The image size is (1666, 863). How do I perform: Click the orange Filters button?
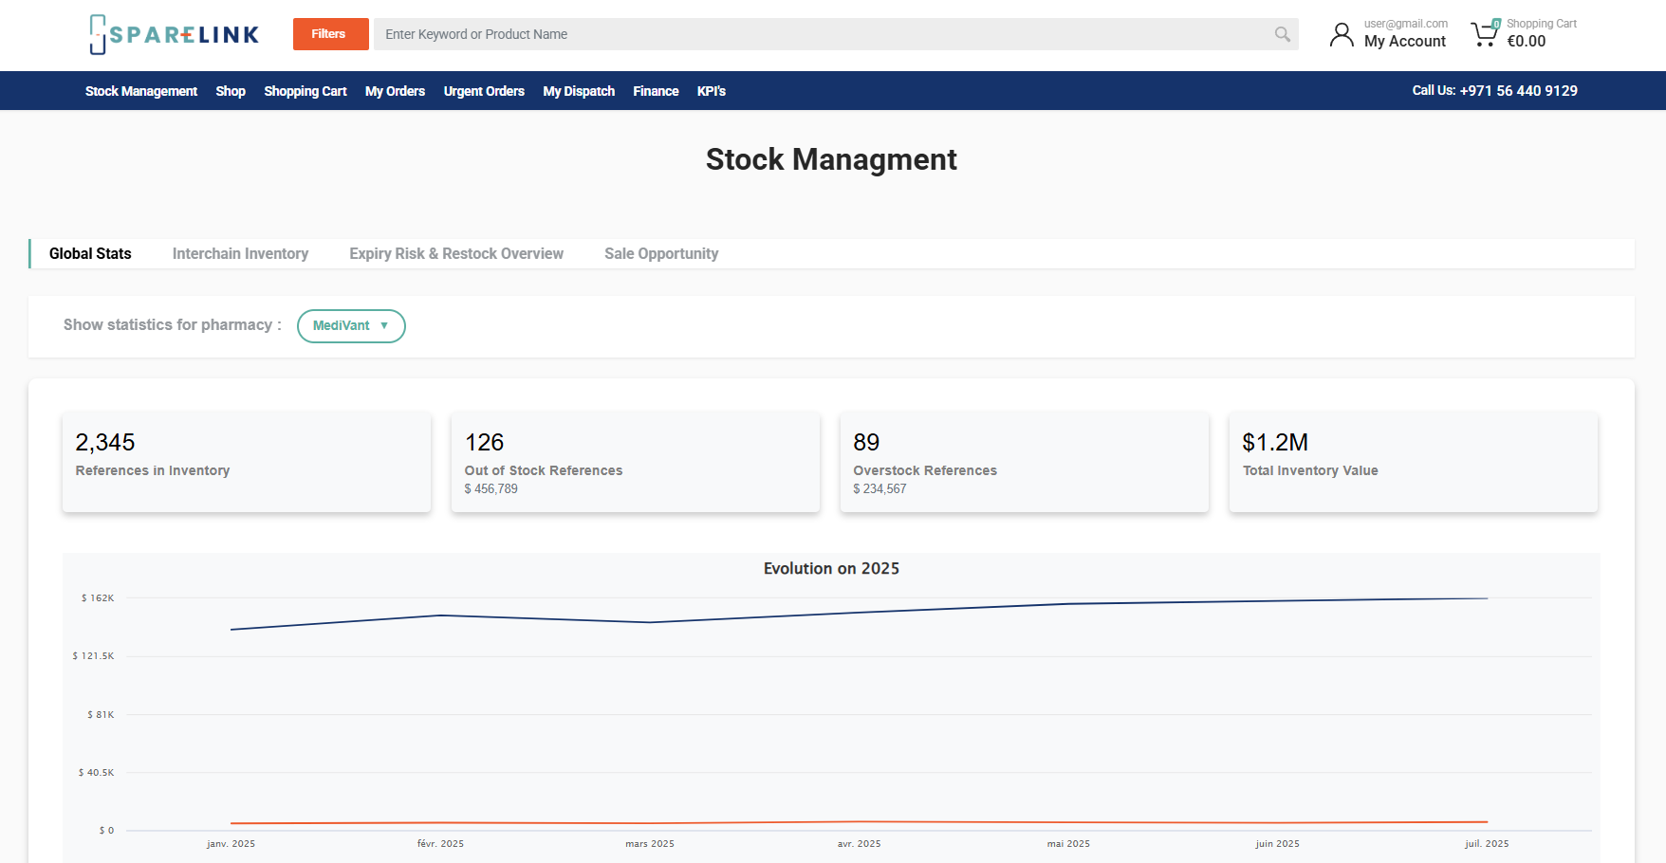click(x=330, y=34)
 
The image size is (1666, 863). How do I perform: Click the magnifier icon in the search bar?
click(x=1282, y=34)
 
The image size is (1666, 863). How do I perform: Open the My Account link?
click(x=1404, y=41)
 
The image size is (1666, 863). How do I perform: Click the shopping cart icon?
click(x=1484, y=35)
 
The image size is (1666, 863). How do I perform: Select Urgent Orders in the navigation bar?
click(x=484, y=91)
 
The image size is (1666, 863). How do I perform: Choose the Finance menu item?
click(x=656, y=91)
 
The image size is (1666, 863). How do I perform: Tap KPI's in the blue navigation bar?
click(x=711, y=91)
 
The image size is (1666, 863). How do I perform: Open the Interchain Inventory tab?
click(x=240, y=253)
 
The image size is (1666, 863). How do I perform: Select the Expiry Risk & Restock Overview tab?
click(x=455, y=253)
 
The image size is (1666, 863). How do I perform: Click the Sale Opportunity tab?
click(x=661, y=253)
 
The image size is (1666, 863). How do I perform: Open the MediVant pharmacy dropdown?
click(x=351, y=325)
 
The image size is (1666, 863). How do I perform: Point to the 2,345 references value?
click(x=105, y=442)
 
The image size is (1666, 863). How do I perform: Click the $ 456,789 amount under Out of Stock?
click(x=491, y=488)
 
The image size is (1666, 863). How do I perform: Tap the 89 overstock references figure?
click(x=866, y=442)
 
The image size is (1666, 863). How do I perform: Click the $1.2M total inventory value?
click(x=1275, y=442)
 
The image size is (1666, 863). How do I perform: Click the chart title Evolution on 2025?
click(x=831, y=568)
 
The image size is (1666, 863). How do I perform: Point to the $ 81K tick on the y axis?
click(x=101, y=714)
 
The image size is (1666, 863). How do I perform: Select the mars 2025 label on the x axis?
click(x=650, y=843)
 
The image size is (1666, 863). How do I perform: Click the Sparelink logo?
click(x=175, y=35)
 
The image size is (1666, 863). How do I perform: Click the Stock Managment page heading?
click(x=831, y=159)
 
